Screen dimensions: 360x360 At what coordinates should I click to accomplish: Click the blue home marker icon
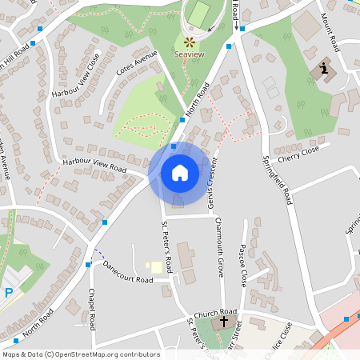click(179, 172)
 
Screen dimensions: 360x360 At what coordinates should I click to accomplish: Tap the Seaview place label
click(189, 54)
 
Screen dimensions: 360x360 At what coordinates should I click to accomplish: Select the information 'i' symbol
click(324, 69)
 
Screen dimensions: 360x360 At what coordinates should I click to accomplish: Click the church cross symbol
click(224, 322)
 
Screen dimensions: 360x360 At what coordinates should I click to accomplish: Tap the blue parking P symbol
click(9, 293)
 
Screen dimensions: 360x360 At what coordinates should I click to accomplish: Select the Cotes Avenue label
click(135, 62)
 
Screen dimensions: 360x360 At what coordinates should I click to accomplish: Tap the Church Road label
click(218, 311)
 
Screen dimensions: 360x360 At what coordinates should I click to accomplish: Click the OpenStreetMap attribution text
click(81, 354)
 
